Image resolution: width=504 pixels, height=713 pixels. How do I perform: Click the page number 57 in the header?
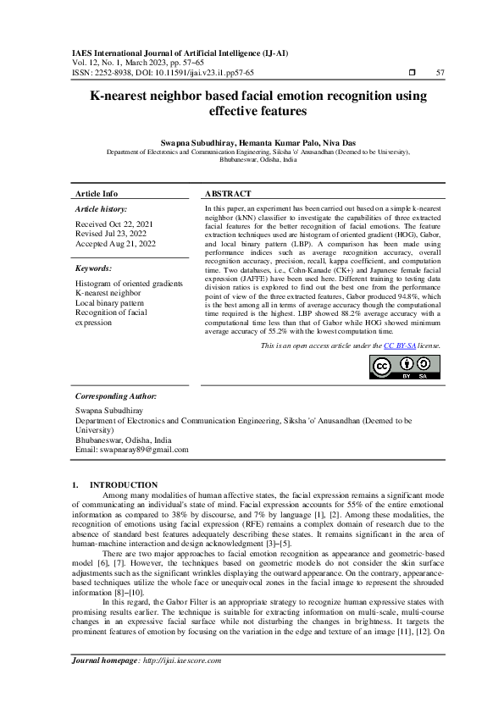(440, 73)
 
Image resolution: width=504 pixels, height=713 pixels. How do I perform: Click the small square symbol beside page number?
(411, 73)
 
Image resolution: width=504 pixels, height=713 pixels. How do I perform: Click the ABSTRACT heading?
(228, 194)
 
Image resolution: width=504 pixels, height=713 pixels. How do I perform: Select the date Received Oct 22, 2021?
(115, 224)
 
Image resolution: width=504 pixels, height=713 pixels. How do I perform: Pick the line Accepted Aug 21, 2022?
(116, 244)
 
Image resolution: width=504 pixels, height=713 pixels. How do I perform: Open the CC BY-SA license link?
(399, 346)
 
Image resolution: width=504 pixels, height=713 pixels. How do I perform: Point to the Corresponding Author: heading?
(116, 395)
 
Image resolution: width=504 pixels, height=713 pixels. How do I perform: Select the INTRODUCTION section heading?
(124, 484)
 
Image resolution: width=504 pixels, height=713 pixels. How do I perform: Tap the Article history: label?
(102, 208)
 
